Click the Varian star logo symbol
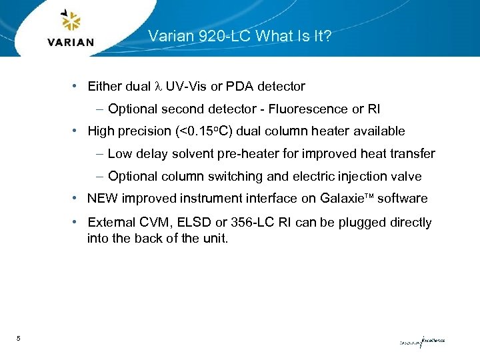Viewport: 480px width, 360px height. click(71, 21)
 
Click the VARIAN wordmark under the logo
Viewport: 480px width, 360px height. click(71, 42)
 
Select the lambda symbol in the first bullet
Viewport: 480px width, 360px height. click(157, 87)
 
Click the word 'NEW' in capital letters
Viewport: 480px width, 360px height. click(102, 199)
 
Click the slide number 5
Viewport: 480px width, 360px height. click(19, 339)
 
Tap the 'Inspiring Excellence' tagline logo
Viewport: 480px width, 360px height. click(421, 341)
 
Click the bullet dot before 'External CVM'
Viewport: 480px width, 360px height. click(77, 222)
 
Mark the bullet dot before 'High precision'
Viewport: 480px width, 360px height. click(77, 131)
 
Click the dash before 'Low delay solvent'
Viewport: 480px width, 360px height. click(99, 154)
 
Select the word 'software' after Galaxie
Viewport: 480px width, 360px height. click(402, 199)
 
